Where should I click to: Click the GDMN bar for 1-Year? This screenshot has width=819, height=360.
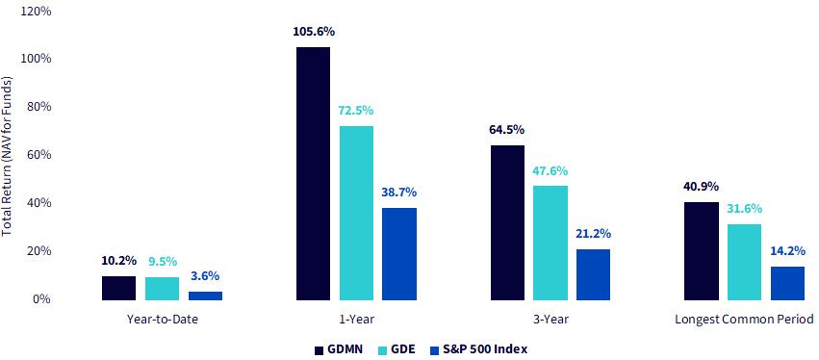coord(314,173)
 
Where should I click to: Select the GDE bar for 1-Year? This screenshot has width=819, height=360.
coord(356,213)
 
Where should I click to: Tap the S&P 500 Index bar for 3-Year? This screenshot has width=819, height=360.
coord(594,275)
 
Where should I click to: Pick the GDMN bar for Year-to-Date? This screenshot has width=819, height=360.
coord(118,288)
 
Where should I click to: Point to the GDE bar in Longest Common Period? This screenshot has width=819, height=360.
coord(744,262)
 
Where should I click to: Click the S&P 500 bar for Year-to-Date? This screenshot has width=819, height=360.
coord(205,296)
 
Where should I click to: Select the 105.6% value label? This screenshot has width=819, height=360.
coord(314,32)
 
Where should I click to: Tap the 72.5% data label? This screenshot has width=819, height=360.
coord(357,111)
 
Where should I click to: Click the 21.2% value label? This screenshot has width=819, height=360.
coord(594,233)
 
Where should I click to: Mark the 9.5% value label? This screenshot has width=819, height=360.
coord(163,260)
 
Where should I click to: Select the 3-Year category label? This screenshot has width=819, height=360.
coord(550,319)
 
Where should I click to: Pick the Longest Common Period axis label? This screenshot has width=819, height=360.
coord(744,319)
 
